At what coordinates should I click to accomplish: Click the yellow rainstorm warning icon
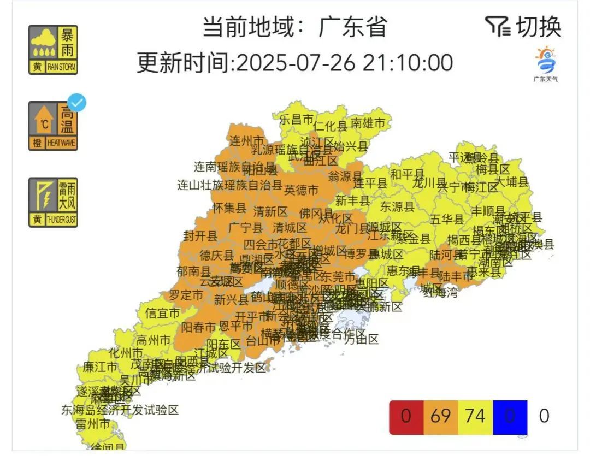(53, 50)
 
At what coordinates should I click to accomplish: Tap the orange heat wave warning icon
(53, 126)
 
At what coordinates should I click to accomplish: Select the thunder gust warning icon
(53, 202)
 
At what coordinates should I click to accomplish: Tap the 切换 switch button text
(539, 27)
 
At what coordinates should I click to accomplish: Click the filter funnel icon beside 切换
(497, 26)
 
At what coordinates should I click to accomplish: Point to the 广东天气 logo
(545, 64)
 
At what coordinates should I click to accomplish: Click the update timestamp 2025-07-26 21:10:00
(343, 62)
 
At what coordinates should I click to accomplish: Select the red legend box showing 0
(406, 417)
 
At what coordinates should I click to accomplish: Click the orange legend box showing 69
(440, 417)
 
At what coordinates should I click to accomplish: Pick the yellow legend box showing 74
(475, 417)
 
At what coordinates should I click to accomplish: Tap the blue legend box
(510, 417)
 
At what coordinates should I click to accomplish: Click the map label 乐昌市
(296, 119)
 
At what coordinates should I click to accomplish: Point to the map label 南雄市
(368, 123)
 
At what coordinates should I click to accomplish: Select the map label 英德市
(301, 190)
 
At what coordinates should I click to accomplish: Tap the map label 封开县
(200, 236)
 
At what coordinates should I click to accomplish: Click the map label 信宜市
(162, 314)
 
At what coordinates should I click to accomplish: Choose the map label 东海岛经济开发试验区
(120, 410)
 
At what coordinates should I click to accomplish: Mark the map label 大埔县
(511, 182)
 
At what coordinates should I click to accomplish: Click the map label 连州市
(246, 140)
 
